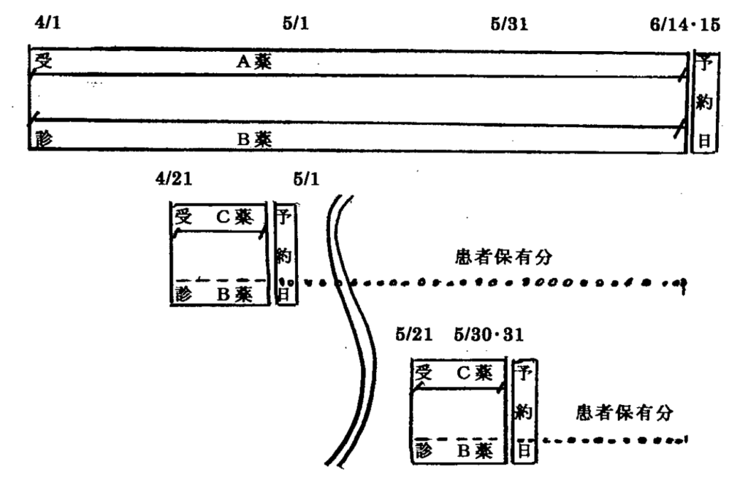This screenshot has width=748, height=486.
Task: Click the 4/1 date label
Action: coord(47,22)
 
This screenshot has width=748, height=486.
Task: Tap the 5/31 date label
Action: coord(509,24)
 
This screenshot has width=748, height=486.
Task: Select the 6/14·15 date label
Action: coord(685,24)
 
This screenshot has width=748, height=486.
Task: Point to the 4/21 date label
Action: coord(174,179)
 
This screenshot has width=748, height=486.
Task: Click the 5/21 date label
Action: coord(414,334)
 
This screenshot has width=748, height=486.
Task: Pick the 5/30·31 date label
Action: coord(489,334)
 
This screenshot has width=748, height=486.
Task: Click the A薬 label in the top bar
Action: coord(254,61)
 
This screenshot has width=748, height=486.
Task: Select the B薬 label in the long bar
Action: coord(255,139)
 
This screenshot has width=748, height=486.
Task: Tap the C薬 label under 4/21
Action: coord(234,217)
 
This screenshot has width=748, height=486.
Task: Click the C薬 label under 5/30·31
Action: coord(475,373)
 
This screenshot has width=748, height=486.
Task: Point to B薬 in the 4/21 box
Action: coord(234,295)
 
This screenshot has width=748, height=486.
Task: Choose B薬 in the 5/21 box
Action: coord(475,450)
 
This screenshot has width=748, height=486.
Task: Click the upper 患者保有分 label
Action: coord(504,258)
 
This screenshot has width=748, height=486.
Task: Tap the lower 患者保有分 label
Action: coord(625,412)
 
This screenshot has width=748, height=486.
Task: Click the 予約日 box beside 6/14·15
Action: coord(705,101)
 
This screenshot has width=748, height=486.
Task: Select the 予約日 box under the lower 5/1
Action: coord(285,253)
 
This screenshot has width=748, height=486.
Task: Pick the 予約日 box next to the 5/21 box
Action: coord(524,411)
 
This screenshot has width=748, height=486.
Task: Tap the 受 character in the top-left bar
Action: coord(43,61)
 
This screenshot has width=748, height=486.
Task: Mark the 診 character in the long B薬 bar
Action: coord(43,139)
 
